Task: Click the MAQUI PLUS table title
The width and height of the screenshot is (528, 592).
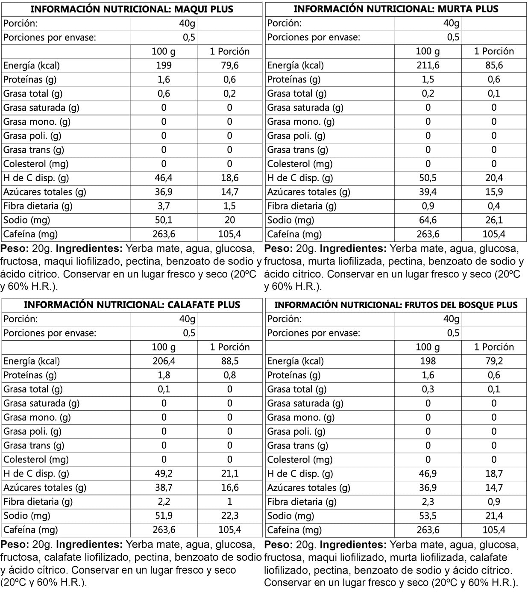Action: click(132, 9)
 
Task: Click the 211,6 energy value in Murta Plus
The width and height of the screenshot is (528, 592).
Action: click(428, 65)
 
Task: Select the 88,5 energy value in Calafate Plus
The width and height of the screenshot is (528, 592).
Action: click(230, 361)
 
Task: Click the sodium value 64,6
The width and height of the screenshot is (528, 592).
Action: click(428, 220)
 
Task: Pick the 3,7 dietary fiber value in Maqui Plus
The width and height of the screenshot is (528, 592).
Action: click(164, 206)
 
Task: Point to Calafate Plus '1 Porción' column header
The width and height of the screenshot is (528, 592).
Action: click(230, 347)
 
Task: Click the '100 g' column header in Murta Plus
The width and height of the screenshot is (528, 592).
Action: click(428, 51)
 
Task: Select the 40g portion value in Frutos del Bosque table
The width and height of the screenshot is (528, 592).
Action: click(451, 319)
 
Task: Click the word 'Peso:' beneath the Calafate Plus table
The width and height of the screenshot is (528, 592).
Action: click(14, 545)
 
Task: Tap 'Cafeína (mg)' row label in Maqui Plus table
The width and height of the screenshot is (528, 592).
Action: click(30, 234)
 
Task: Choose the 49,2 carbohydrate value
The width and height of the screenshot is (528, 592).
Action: click(164, 474)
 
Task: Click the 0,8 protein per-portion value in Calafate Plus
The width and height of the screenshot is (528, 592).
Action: click(230, 375)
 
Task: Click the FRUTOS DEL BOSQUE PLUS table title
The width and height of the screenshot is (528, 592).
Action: click(396, 305)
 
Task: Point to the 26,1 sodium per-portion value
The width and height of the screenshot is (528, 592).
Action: click(494, 220)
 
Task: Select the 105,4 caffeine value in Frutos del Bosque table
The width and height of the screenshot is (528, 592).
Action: click(494, 530)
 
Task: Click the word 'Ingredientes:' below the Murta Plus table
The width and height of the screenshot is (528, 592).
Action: click(353, 249)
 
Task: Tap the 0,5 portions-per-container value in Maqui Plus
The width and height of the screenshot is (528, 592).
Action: click(189, 37)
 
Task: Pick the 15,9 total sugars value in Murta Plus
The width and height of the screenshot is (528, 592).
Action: click(494, 192)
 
